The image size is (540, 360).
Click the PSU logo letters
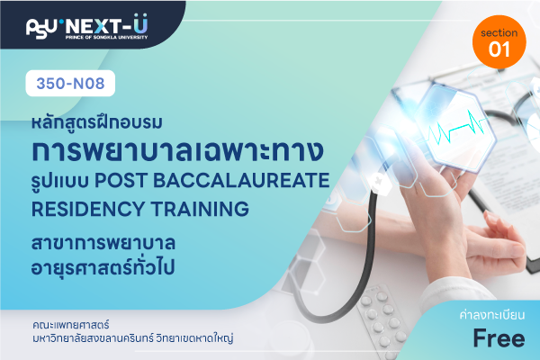tap(41, 28)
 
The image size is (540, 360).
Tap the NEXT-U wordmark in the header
tap(106, 25)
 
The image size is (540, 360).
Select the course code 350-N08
tap(70, 84)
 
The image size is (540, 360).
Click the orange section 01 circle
tap(499, 41)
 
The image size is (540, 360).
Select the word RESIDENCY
tap(88, 209)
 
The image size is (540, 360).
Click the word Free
tap(499, 338)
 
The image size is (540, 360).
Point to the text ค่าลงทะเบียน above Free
tap(492, 315)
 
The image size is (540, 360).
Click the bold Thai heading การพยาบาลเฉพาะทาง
tap(177, 150)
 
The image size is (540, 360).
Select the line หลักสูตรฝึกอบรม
tap(97, 122)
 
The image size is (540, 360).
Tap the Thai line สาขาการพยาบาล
tap(103, 242)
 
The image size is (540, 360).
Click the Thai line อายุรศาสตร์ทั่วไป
tap(103, 266)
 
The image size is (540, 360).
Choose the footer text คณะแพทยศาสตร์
tap(71, 325)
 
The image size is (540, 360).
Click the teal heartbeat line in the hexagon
tap(458, 127)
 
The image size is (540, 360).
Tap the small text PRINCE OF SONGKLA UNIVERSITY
tap(107, 37)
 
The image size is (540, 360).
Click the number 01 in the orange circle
tap(499, 49)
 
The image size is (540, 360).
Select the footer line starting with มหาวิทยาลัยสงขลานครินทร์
tap(133, 338)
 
